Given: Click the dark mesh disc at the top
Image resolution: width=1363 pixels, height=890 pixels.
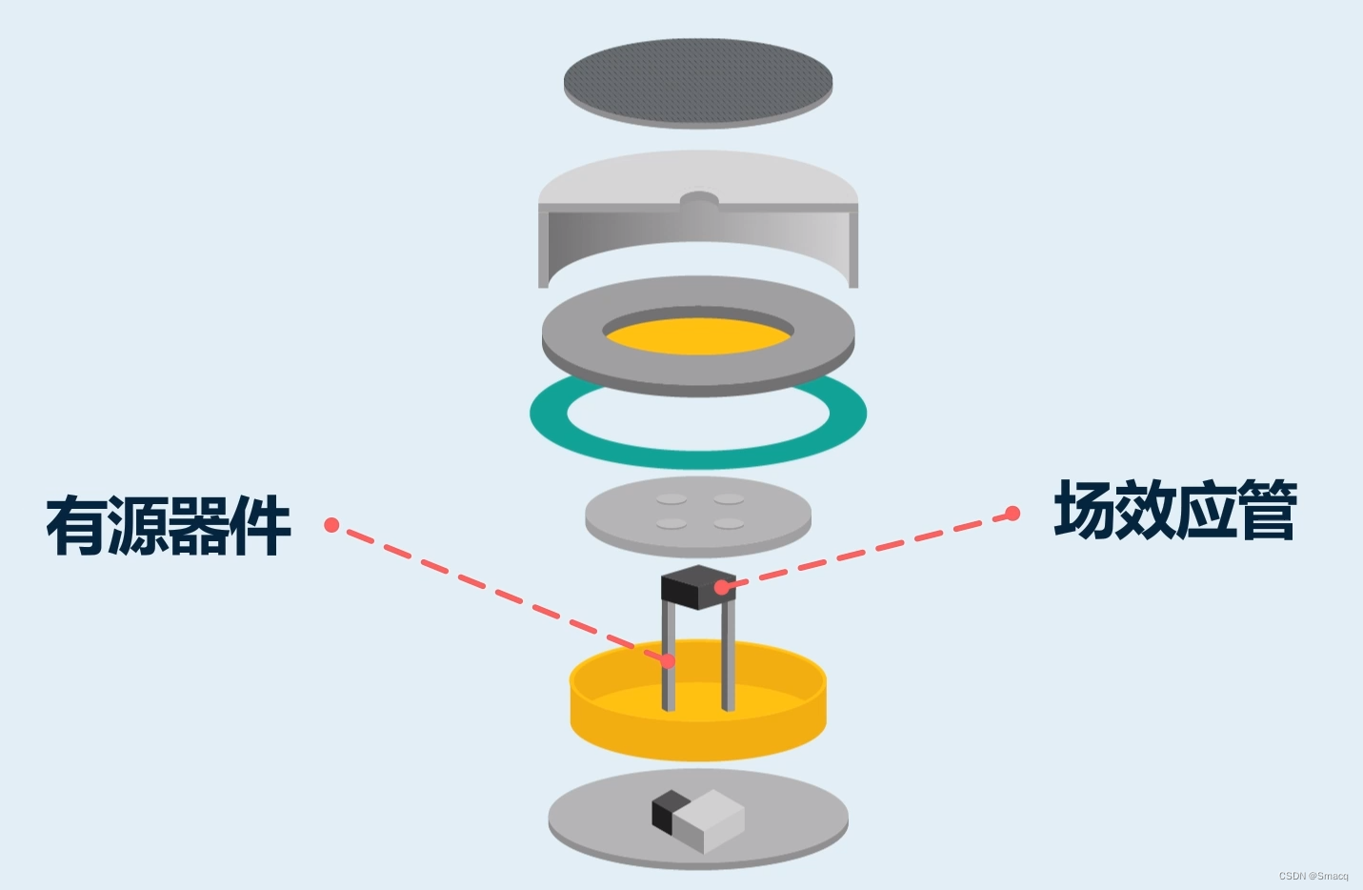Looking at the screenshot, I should (697, 80).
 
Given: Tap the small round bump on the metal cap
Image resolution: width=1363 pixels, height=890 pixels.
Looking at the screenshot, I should (699, 201).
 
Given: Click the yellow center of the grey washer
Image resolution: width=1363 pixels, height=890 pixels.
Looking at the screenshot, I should (698, 336).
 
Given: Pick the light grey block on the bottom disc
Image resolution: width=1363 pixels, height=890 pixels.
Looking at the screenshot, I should (711, 819).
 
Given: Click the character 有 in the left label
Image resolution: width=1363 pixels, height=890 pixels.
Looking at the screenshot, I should (76, 525).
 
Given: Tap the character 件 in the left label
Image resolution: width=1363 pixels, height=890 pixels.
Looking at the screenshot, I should (260, 525).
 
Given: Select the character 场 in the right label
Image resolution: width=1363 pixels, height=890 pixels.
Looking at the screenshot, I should (1085, 511).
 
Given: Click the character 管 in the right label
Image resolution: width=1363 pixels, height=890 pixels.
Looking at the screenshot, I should (1267, 511).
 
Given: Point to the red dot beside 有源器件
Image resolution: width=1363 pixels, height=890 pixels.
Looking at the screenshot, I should (331, 525).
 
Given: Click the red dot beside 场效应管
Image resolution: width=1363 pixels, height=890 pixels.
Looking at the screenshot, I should (1012, 514).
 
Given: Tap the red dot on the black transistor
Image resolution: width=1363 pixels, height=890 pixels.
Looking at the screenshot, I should (722, 587).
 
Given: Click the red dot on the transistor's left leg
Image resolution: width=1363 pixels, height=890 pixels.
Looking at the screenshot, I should (669, 660).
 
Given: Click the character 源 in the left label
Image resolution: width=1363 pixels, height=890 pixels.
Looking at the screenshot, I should (137, 525).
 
